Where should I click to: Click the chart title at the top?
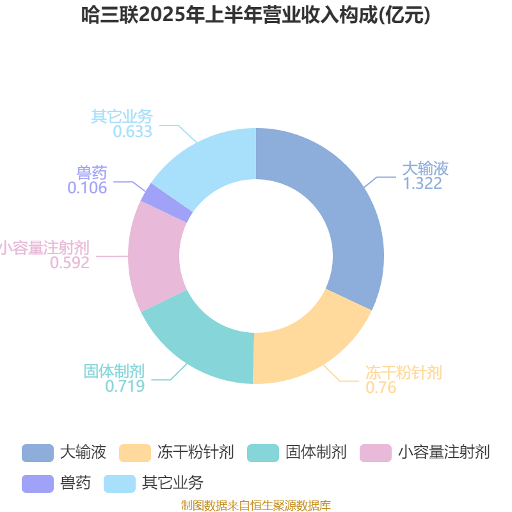click(x=255, y=15)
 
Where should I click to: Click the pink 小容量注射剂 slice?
click(x=154, y=258)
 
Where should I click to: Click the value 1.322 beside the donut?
click(x=422, y=183)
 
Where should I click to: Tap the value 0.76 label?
click(x=381, y=387)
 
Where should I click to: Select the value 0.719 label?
click(x=125, y=386)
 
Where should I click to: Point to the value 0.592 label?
click(x=70, y=262)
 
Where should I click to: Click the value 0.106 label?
click(x=87, y=188)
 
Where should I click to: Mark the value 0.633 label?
click(x=132, y=131)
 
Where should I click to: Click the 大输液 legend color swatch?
click(x=38, y=453)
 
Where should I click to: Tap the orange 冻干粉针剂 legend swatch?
click(x=135, y=453)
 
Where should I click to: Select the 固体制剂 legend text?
click(x=316, y=452)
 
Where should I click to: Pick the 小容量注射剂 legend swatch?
click(x=376, y=453)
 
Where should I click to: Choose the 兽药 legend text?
click(x=76, y=483)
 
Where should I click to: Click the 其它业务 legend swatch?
click(x=120, y=484)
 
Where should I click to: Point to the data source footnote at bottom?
click(x=255, y=505)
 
